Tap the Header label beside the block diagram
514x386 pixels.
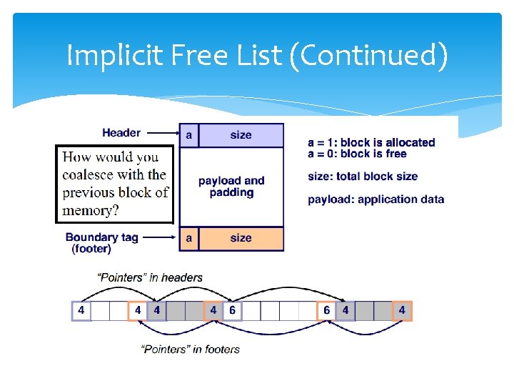tap(121, 132)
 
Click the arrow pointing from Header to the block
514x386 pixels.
tap(162, 133)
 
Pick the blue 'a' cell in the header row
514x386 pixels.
tap(189, 135)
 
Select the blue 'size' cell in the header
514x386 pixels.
tap(241, 135)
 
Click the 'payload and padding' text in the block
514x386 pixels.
tap(231, 187)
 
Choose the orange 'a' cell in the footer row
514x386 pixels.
tap(189, 238)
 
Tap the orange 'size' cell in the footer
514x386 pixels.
tap(241, 238)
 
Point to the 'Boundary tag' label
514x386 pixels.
tap(101, 237)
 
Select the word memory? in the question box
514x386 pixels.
tap(91, 210)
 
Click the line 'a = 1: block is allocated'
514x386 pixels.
tap(371, 142)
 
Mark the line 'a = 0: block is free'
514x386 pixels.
tap(357, 154)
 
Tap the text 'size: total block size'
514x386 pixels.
tap(363, 177)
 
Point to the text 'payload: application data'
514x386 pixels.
tap(376, 199)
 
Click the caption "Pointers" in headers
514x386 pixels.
tap(151, 277)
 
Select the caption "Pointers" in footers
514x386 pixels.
tap(191, 349)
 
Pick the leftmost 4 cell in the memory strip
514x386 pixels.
tap(81, 311)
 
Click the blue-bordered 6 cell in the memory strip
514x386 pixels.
tap(232, 311)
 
